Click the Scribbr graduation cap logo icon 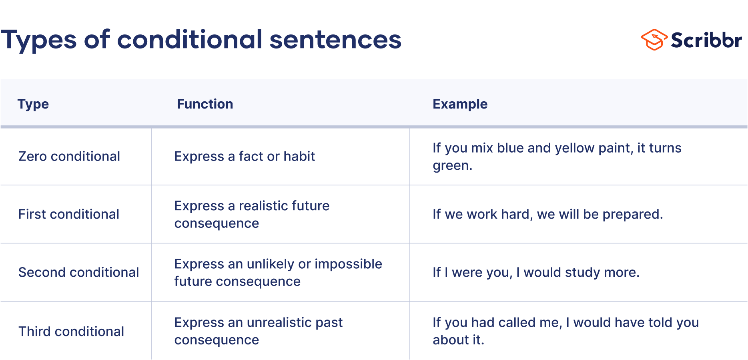pyautogui.click(x=654, y=40)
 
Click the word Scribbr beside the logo pyautogui.click(x=706, y=40)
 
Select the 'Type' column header pyautogui.click(x=33, y=104)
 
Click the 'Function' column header pyautogui.click(x=205, y=104)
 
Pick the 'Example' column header pyautogui.click(x=460, y=104)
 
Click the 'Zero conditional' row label pyautogui.click(x=69, y=157)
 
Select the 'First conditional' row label pyautogui.click(x=69, y=214)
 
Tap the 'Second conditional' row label pyautogui.click(x=78, y=272)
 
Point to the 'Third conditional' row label pyautogui.click(x=71, y=332)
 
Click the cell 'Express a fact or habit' pyautogui.click(x=245, y=157)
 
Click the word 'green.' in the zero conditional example pyautogui.click(x=452, y=166)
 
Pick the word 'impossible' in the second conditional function pyautogui.click(x=348, y=264)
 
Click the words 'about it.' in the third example pyautogui.click(x=458, y=340)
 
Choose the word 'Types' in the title pyautogui.click(x=38, y=40)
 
